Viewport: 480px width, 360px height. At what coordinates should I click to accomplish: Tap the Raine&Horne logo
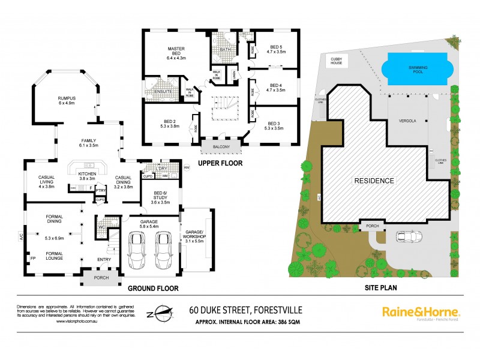coord(421,313)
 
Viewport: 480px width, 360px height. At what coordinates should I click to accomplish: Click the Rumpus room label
coord(68,99)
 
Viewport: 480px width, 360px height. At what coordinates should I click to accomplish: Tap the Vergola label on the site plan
coord(407,120)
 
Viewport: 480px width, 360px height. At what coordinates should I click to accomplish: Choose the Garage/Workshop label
coord(196,235)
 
